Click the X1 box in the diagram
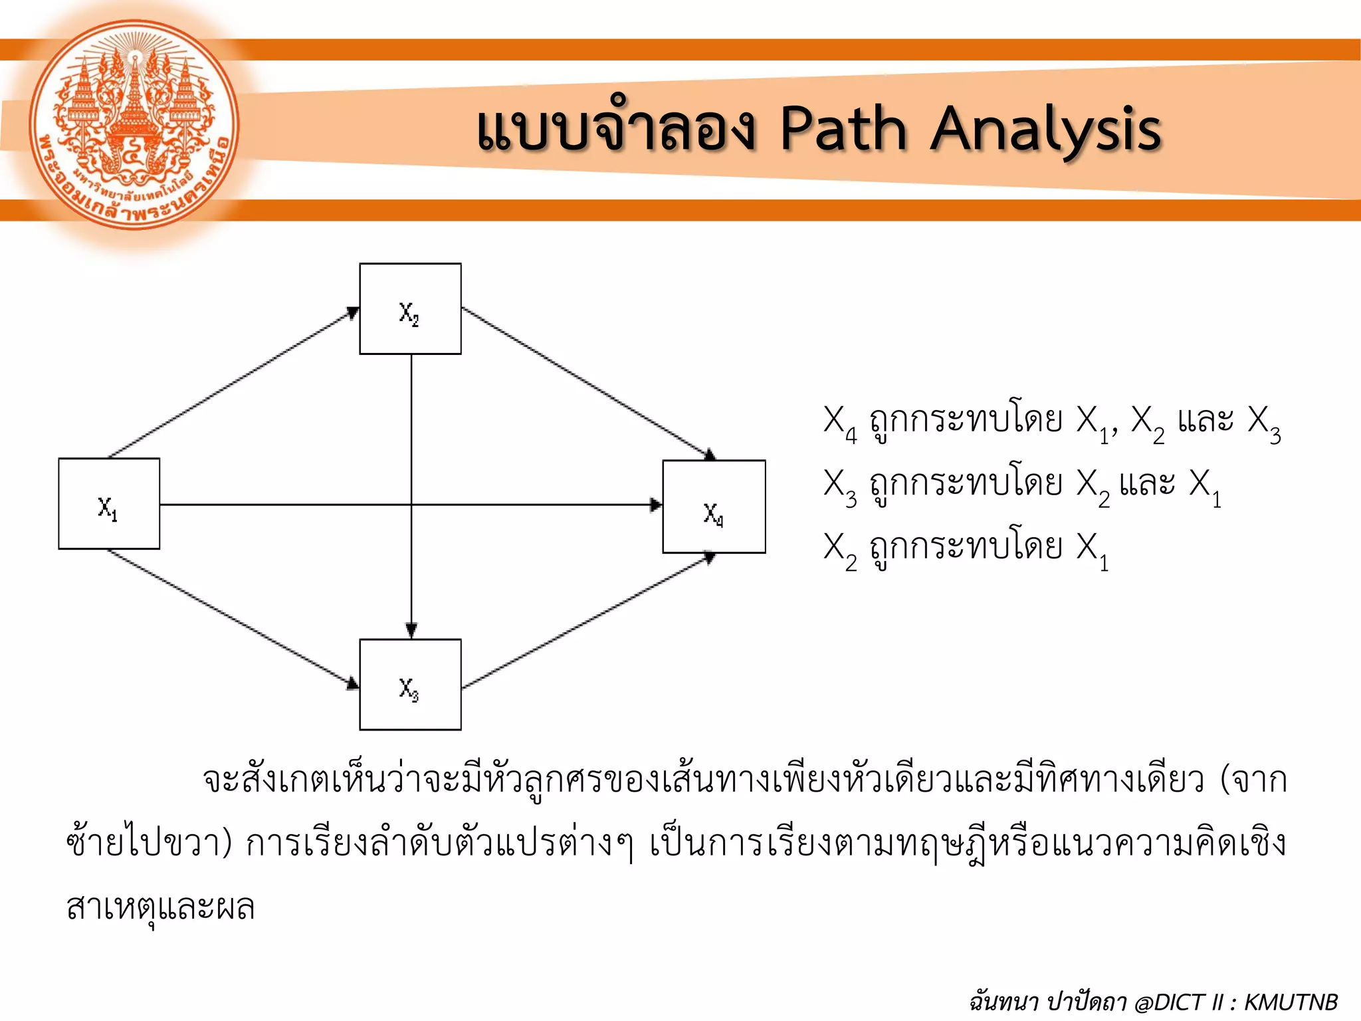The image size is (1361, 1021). (x=109, y=504)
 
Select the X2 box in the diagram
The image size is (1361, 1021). (x=410, y=309)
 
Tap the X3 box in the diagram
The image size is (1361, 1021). (x=410, y=685)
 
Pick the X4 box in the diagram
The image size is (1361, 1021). (x=714, y=507)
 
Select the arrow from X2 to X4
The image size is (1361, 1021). (x=585, y=382)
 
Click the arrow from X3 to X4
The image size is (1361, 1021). (x=585, y=622)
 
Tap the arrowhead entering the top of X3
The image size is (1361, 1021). (x=411, y=630)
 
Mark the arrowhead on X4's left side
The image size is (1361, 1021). (x=655, y=505)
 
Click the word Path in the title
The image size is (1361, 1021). (x=843, y=129)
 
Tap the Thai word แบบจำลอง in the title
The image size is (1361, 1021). (x=615, y=129)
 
